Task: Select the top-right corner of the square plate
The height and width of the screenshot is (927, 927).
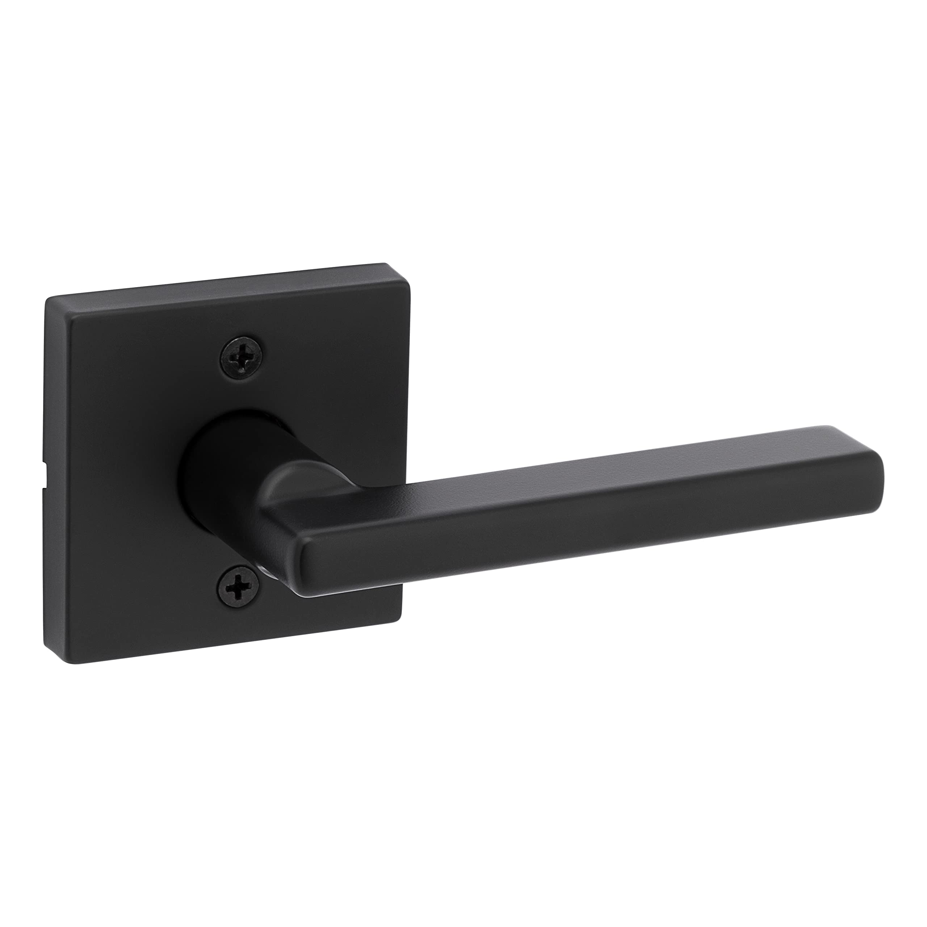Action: coord(409,265)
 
